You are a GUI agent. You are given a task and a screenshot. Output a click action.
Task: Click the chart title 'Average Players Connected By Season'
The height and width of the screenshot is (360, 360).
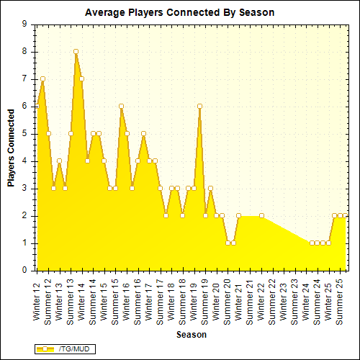[179, 13]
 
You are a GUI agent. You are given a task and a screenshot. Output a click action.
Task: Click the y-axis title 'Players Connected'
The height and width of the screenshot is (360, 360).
[12, 148]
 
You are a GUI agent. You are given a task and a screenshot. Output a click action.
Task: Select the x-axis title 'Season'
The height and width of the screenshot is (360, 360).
[192, 335]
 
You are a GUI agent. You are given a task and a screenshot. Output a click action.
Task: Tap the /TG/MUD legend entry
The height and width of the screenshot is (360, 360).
[66, 348]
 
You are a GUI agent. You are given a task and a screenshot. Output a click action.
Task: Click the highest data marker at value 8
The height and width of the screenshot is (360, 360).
[76, 51]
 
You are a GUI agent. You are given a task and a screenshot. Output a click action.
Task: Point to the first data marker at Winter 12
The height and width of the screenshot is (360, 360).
[42, 78]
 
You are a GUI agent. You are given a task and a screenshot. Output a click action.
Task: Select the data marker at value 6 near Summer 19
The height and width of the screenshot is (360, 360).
[199, 106]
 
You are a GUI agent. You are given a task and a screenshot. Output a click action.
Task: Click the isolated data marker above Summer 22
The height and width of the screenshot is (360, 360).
[261, 215]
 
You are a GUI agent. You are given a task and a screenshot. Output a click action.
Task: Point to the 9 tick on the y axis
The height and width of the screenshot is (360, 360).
[25, 24]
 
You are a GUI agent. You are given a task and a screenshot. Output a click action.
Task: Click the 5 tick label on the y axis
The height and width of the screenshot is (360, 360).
[25, 133]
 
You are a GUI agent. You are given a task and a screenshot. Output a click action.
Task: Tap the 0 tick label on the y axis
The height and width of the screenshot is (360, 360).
[25, 271]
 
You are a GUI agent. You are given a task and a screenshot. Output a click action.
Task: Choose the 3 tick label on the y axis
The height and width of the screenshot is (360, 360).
[25, 189]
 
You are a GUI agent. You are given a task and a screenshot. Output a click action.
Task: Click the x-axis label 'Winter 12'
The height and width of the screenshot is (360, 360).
[37, 301]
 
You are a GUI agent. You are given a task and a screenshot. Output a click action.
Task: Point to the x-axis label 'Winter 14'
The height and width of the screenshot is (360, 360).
[82, 301]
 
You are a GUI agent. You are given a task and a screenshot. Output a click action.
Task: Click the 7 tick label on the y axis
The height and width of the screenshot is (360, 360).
[25, 78]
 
